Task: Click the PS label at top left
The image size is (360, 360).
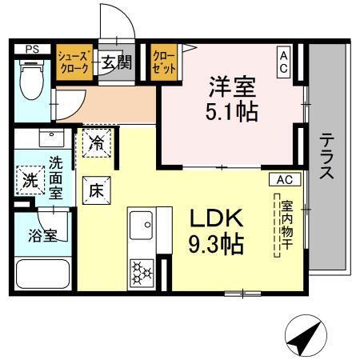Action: coord(32,49)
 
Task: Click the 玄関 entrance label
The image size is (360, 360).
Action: coord(116,63)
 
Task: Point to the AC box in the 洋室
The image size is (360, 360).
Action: coord(284,62)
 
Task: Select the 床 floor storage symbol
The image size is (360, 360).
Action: coord(94,190)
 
